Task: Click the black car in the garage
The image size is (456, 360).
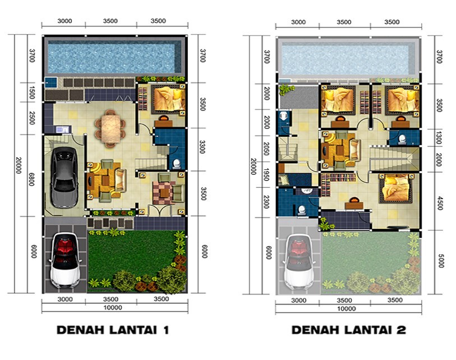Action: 64,177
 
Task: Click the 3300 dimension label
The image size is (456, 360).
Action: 203,149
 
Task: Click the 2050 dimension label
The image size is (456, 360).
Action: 267,149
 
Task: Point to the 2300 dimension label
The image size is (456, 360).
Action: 267,200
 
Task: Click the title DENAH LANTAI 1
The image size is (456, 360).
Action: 112,330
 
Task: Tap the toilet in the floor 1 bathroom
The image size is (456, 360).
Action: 177,164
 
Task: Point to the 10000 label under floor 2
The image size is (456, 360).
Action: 347,308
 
